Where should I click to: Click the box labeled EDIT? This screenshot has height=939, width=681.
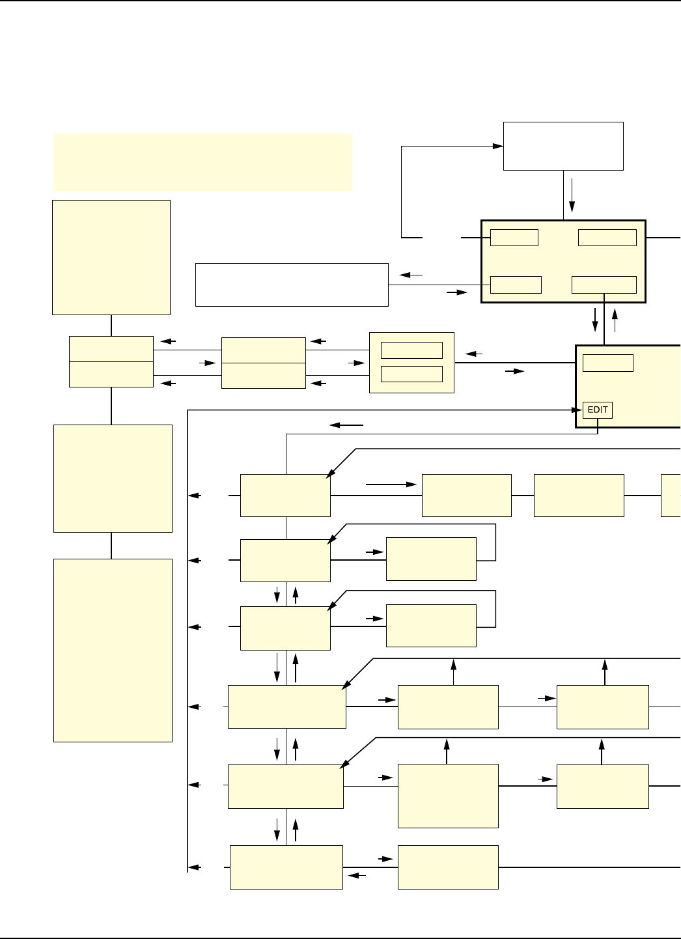(x=598, y=410)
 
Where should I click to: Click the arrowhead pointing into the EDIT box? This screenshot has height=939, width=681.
(x=577, y=410)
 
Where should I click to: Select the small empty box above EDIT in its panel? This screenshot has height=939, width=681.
(x=607, y=363)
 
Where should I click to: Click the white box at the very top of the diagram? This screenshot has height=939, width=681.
(x=563, y=146)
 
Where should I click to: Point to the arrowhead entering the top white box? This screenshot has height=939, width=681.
(x=499, y=146)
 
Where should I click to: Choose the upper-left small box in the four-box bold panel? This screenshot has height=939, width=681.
(x=514, y=238)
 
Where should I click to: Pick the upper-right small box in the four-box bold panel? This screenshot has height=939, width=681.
(x=607, y=238)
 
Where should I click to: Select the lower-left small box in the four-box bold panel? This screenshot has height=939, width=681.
(x=516, y=285)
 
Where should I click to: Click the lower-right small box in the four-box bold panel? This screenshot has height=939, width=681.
(x=604, y=285)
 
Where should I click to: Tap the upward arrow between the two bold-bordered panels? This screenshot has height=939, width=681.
(x=614, y=321)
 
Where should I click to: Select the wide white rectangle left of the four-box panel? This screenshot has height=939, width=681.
(x=292, y=285)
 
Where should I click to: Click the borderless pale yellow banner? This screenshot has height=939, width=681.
(x=202, y=162)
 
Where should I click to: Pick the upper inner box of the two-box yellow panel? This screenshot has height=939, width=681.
(x=411, y=350)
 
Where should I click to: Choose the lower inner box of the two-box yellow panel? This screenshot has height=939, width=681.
(x=411, y=374)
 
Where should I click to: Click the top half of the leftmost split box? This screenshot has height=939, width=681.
(x=111, y=349)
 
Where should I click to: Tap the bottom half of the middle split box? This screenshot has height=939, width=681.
(x=263, y=375)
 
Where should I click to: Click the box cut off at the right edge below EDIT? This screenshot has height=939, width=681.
(x=671, y=496)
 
